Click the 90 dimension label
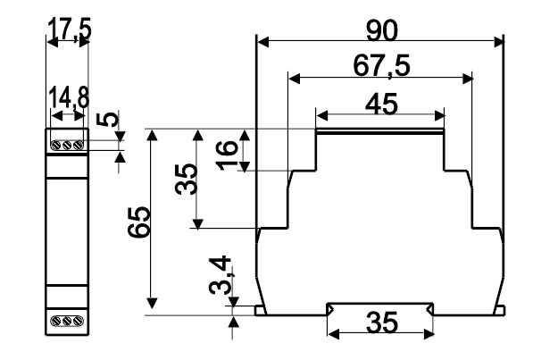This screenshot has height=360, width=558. [x=381, y=31]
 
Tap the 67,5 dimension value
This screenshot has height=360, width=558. [x=381, y=66]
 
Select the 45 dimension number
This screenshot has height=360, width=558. [x=381, y=105]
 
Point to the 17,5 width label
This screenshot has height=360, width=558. [x=70, y=29]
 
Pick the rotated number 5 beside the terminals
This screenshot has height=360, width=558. [x=107, y=119]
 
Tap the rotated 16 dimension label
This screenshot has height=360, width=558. [x=227, y=155]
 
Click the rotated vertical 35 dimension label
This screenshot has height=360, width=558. [x=186, y=180]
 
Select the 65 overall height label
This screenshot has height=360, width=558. [x=139, y=222]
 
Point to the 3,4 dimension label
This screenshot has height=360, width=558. [x=221, y=275]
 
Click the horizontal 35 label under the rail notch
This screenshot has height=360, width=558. [x=381, y=322]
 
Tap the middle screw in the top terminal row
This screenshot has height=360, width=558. [x=67, y=146]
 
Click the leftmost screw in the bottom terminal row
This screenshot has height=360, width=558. [x=56, y=321]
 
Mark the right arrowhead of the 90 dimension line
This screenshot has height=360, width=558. [x=499, y=42]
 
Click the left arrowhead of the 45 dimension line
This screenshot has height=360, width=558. [x=321, y=116]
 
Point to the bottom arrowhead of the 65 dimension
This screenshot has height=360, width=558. [x=153, y=303]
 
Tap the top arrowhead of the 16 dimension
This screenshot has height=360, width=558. [x=244, y=135]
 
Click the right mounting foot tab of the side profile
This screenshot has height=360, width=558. [x=500, y=310]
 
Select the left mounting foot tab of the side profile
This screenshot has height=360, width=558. [x=261, y=310]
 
